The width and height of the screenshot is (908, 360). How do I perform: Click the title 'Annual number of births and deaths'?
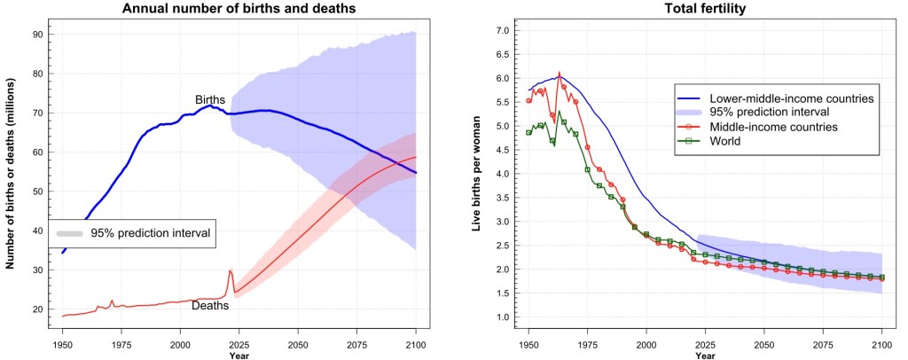[x=239, y=9]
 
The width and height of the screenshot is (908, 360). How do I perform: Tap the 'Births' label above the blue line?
[x=210, y=99]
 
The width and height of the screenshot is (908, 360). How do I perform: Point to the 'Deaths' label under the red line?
[x=210, y=305]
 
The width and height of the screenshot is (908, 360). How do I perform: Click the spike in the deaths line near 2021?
[x=231, y=271]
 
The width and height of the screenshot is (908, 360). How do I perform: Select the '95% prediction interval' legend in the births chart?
[x=132, y=233]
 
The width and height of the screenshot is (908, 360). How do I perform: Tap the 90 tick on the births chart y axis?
[x=40, y=34]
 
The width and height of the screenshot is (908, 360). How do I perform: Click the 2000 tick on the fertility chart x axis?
[x=646, y=341]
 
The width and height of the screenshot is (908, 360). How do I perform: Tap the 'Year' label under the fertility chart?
[x=705, y=355]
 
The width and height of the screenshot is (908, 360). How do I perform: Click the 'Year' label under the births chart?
[x=239, y=355]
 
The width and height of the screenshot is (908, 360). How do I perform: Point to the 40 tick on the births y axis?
[x=40, y=231]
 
